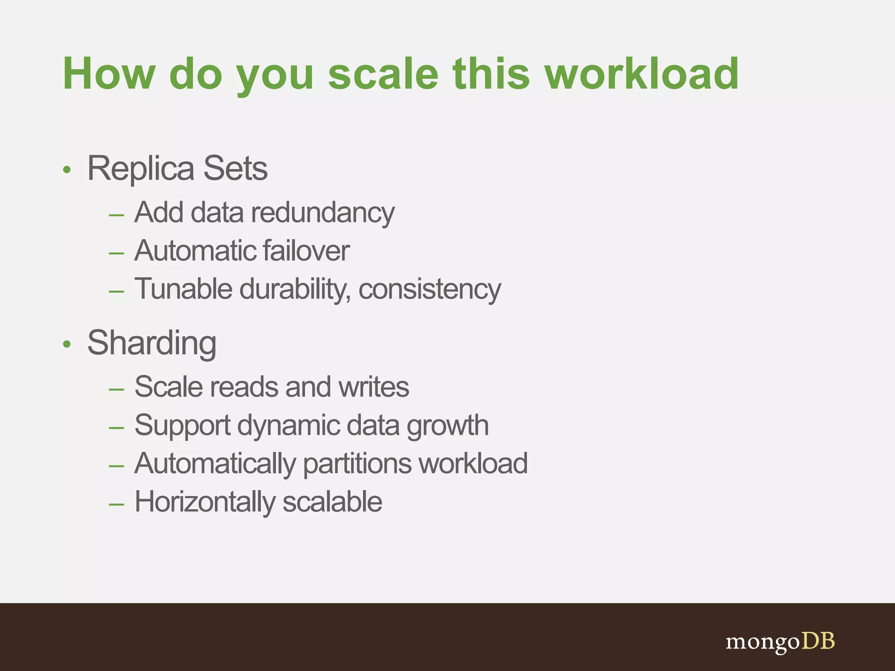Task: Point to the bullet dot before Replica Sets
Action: tap(66, 169)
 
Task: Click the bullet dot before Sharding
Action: tap(66, 344)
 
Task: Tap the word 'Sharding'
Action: tap(152, 343)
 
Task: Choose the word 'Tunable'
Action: tap(183, 289)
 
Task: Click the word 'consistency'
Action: tap(430, 290)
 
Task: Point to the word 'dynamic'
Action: tap(288, 426)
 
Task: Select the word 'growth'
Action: tap(447, 426)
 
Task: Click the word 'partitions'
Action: tap(357, 464)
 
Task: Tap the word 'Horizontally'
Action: tap(205, 502)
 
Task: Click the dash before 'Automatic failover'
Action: tap(116, 253)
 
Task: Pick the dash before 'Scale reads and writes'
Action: tap(116, 389)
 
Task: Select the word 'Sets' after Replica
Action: tap(235, 169)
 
